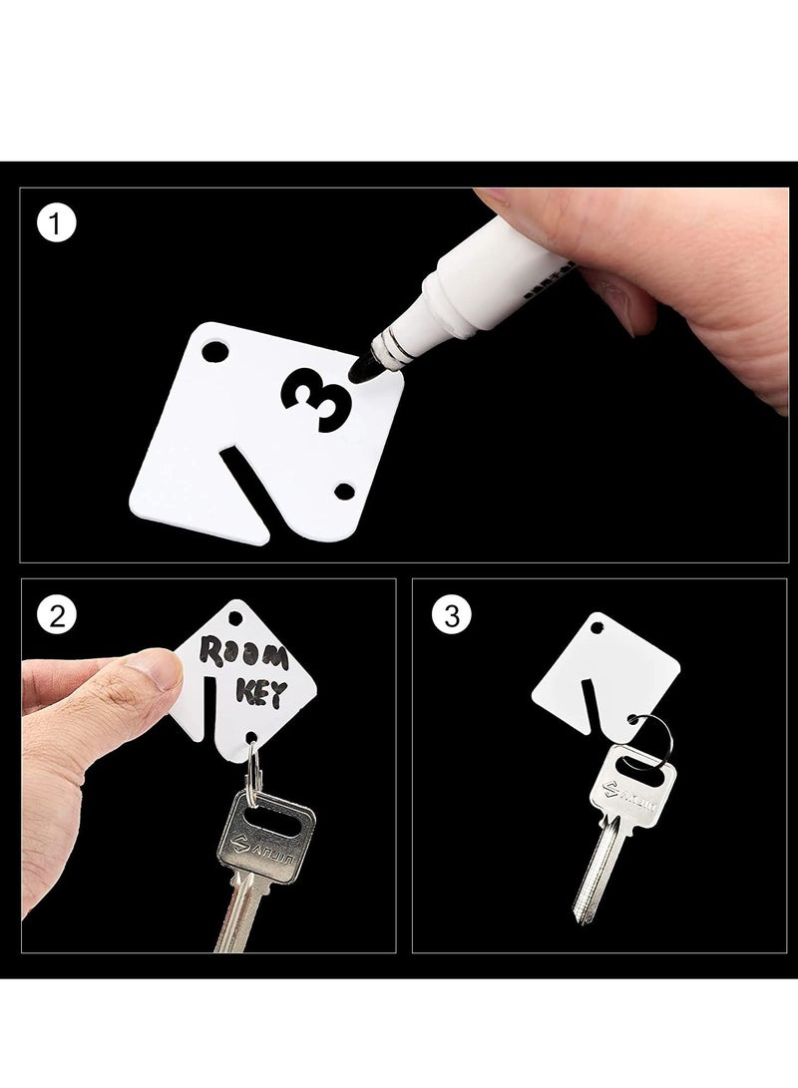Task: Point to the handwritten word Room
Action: [243, 656]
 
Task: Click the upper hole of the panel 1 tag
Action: [214, 354]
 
